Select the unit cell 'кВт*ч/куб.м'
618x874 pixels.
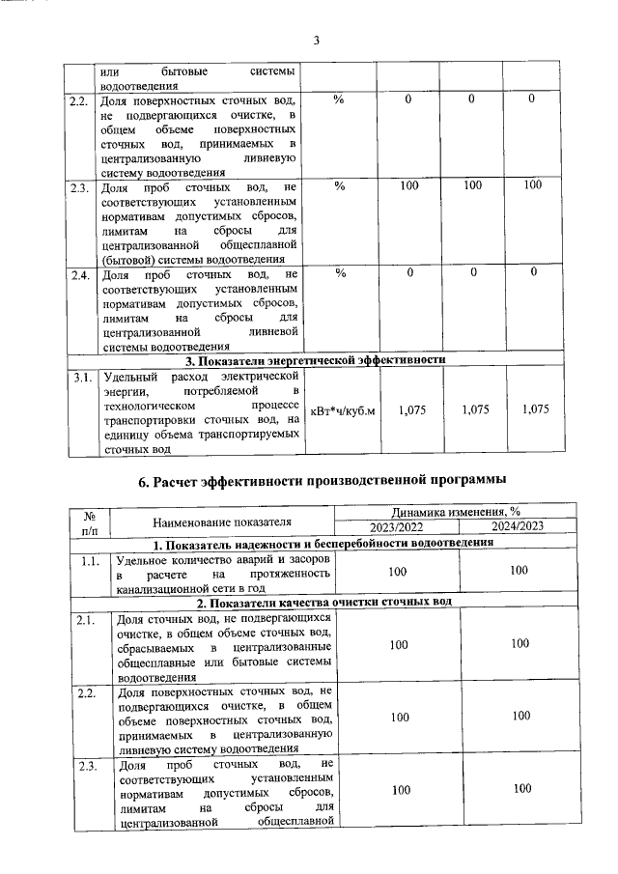(x=341, y=410)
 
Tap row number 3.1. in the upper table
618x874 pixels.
(x=80, y=376)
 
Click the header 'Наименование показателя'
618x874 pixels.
(x=221, y=522)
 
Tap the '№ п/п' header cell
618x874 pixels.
(x=88, y=522)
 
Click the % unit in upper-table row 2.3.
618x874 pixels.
(x=340, y=184)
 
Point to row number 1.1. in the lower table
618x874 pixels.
(x=90, y=559)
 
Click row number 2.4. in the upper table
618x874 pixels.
(x=80, y=275)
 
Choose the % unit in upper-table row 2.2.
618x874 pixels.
(x=340, y=99)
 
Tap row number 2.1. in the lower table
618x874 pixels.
(x=90, y=619)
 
